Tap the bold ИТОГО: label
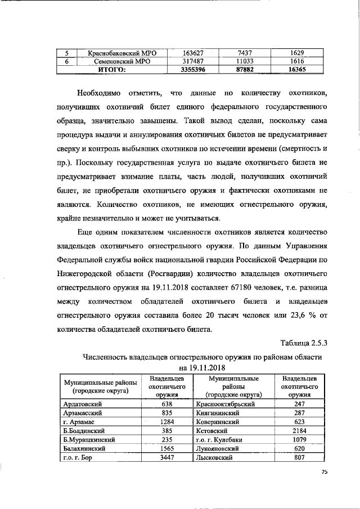coord(112,70)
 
